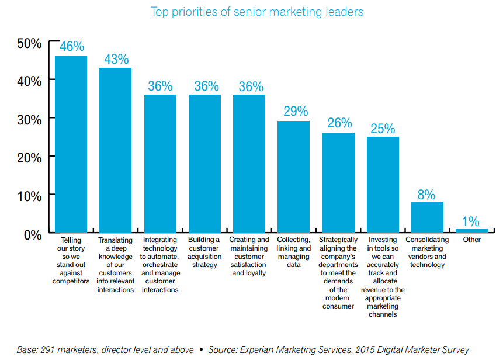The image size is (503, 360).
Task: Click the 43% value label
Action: tap(116, 60)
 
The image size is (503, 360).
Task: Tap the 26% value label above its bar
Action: tap(339, 124)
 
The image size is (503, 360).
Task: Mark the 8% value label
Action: tap(426, 195)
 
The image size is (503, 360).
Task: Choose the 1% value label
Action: tap(471, 221)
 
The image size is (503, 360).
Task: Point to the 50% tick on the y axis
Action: tap(29, 44)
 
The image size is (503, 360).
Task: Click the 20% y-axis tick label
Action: tap(29, 158)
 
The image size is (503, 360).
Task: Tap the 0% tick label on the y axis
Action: tap(32, 234)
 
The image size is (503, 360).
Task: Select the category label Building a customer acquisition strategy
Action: tap(204, 252)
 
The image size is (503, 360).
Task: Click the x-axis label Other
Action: tap(471, 240)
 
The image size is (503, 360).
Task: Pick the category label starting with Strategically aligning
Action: tap(338, 273)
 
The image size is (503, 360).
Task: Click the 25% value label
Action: tap(383, 129)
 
